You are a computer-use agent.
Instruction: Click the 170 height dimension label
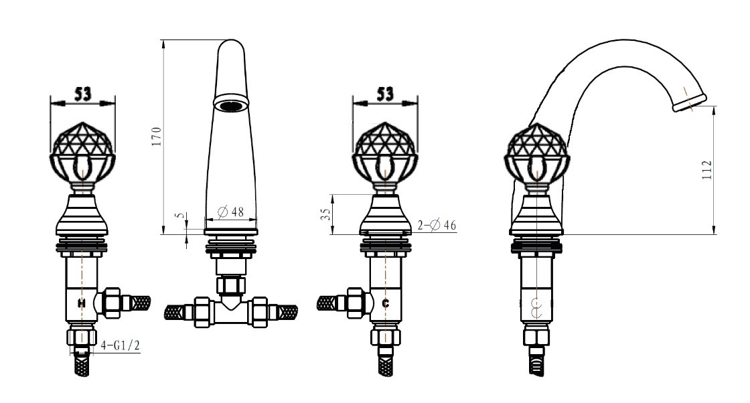click(x=157, y=137)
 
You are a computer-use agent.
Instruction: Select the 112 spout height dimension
click(x=707, y=170)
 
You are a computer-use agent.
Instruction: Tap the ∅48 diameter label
click(x=230, y=212)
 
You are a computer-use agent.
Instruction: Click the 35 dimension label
click(x=325, y=214)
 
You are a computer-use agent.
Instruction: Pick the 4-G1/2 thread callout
click(x=120, y=345)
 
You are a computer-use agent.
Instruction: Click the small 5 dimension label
click(x=179, y=216)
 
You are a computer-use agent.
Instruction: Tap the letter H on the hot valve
click(x=82, y=303)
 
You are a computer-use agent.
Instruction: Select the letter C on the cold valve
click(x=386, y=303)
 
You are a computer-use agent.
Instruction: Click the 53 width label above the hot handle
click(x=83, y=94)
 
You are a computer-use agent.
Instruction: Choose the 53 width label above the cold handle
click(x=385, y=94)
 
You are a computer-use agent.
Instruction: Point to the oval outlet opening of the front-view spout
click(x=232, y=103)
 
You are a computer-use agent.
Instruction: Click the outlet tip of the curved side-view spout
click(x=690, y=103)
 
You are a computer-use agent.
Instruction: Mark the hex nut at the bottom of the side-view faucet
click(x=536, y=334)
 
